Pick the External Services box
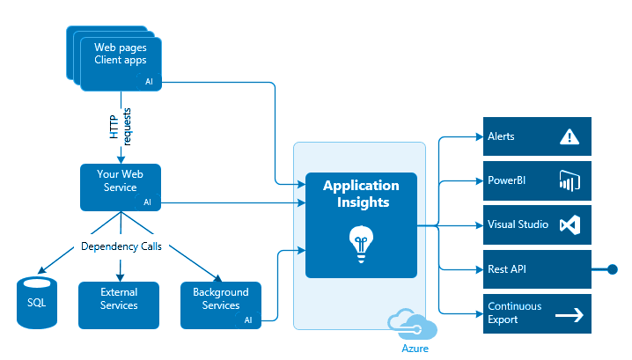pyautogui.click(x=119, y=299)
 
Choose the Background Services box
pyautogui.click(x=220, y=299)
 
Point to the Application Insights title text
pyautogui.click(x=361, y=194)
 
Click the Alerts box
pyautogui.click(x=537, y=137)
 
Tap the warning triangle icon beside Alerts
pyautogui.click(x=570, y=137)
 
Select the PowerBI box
pyautogui.click(x=537, y=180)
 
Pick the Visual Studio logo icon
pyautogui.click(x=570, y=224)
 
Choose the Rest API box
pyautogui.click(x=537, y=268)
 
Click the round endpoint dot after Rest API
pyautogui.click(x=610, y=268)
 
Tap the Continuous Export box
pyautogui.click(x=537, y=312)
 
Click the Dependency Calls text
pyautogui.click(x=120, y=246)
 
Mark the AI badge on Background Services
pyautogui.click(x=248, y=320)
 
